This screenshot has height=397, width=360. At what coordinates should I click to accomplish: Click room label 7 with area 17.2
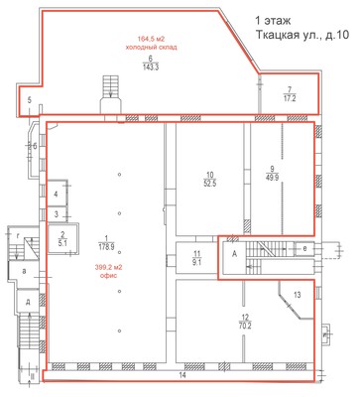point(289,94)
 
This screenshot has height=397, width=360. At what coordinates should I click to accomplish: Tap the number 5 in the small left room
point(30,100)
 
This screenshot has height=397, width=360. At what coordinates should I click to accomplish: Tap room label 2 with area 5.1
point(62,238)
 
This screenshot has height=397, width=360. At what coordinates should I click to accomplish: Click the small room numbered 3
point(59,213)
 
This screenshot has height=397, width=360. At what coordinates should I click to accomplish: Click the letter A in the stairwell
point(233,253)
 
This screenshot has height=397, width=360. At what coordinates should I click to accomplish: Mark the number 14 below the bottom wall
point(181,375)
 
